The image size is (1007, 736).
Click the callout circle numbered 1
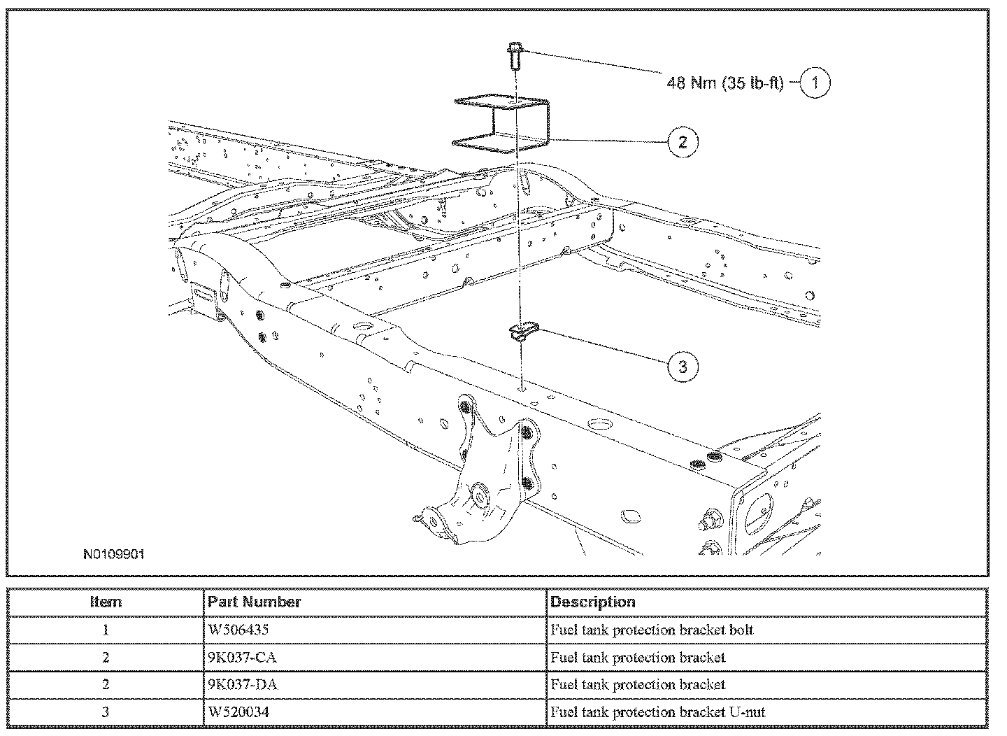pyautogui.click(x=815, y=83)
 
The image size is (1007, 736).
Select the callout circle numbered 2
pyautogui.click(x=683, y=142)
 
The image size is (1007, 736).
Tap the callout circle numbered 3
pyautogui.click(x=683, y=366)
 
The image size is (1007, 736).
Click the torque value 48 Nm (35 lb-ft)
pyautogui.click(x=725, y=83)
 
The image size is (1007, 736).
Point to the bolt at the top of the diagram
pyautogui.click(x=514, y=55)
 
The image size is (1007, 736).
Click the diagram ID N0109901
pyautogui.click(x=113, y=554)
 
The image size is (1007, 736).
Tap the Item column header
pyautogui.click(x=106, y=602)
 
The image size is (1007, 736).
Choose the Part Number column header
pyautogui.click(x=255, y=602)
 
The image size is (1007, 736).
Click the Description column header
pyautogui.click(x=593, y=602)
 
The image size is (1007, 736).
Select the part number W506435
pyautogui.click(x=238, y=630)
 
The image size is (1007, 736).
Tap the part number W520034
pyautogui.click(x=238, y=712)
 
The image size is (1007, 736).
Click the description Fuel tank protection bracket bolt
pyautogui.click(x=652, y=630)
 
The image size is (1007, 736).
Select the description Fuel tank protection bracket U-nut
pyautogui.click(x=657, y=712)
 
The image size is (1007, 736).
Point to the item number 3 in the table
pyautogui.click(x=106, y=712)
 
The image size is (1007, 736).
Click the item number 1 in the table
pyautogui.click(x=106, y=630)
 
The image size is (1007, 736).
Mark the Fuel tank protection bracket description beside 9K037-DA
pyautogui.click(x=638, y=684)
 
